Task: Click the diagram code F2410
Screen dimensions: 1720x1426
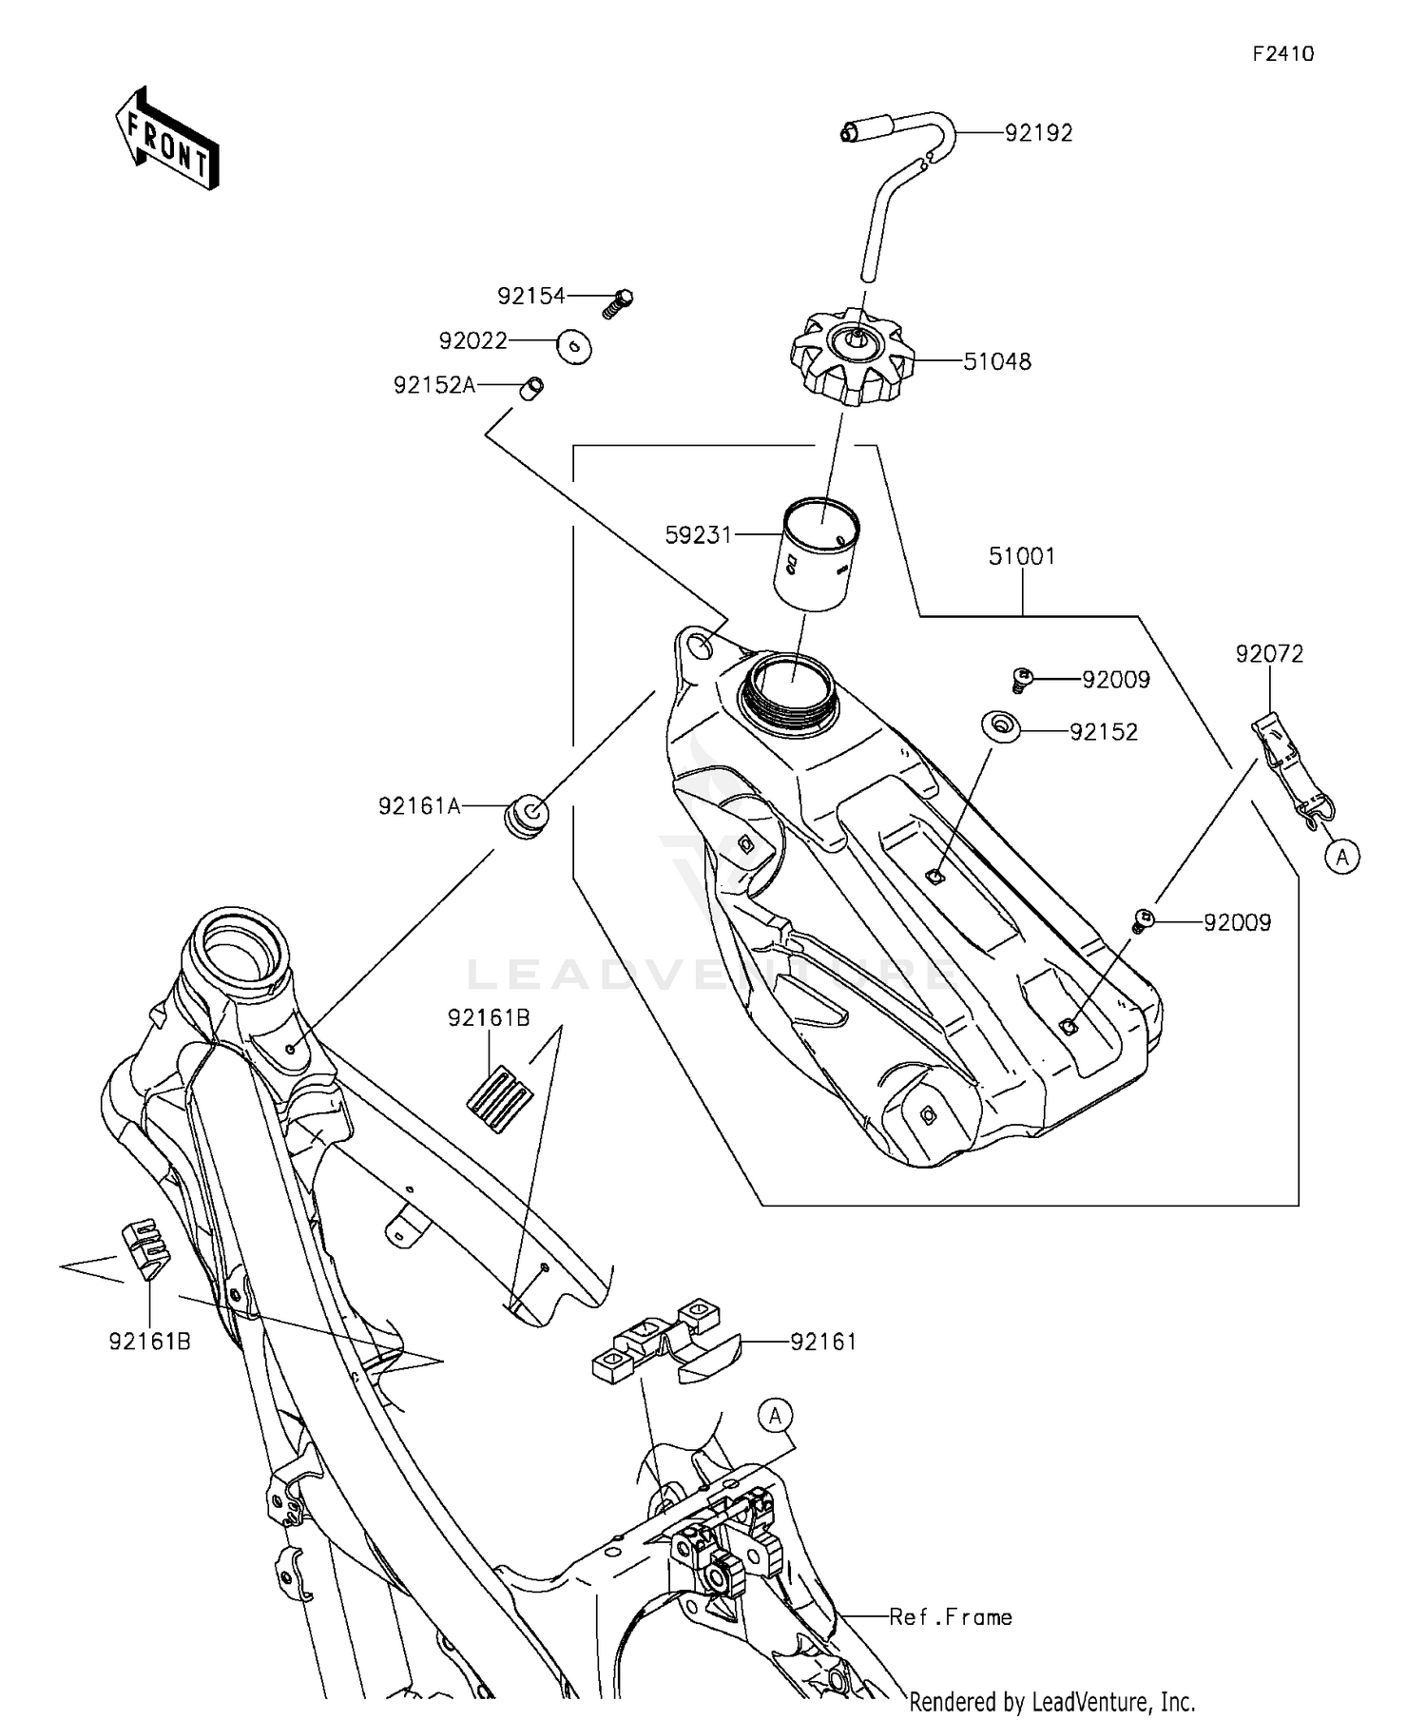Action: coord(1282,54)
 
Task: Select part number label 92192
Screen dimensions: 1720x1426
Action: coord(1038,133)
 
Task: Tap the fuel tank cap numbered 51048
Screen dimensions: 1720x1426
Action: coord(852,361)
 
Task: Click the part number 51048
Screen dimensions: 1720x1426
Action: coord(997,361)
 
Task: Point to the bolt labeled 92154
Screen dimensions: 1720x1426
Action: coord(618,302)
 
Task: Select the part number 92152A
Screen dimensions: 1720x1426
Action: coord(434,385)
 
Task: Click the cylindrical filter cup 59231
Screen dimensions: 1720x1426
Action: coord(816,553)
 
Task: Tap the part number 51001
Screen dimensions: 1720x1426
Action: coord(1022,556)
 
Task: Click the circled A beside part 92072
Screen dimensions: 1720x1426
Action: coord(1341,858)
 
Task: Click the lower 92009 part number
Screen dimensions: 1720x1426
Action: coord(1237,922)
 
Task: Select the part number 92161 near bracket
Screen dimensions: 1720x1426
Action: coord(823,1342)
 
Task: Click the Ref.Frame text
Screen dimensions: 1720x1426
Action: coord(951,1617)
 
